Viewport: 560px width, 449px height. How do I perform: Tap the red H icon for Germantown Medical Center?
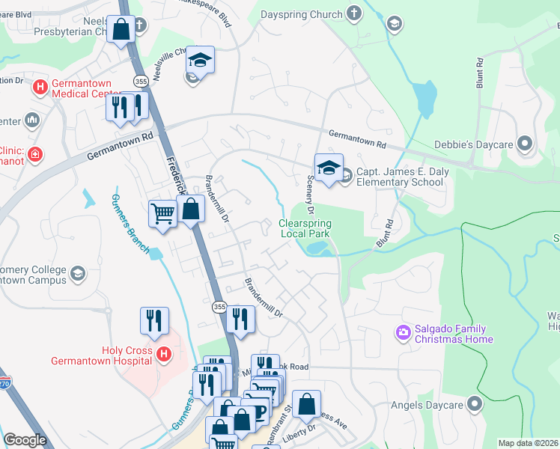[40, 88]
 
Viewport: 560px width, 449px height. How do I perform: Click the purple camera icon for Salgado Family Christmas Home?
[404, 332]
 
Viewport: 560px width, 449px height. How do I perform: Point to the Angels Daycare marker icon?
[474, 405]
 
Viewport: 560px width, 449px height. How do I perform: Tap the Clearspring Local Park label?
[305, 228]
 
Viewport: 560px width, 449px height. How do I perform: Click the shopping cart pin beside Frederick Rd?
[162, 213]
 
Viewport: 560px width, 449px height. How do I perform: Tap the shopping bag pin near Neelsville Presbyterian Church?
[121, 30]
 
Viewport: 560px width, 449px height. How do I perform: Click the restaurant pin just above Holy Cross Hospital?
[153, 320]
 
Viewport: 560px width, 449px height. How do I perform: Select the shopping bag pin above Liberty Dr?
[306, 404]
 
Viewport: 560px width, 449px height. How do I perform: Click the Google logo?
[25, 440]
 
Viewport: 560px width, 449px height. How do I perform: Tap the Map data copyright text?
[528, 443]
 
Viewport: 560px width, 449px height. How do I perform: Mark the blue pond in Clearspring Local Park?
[317, 247]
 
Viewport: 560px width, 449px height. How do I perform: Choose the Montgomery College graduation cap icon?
[78, 274]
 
